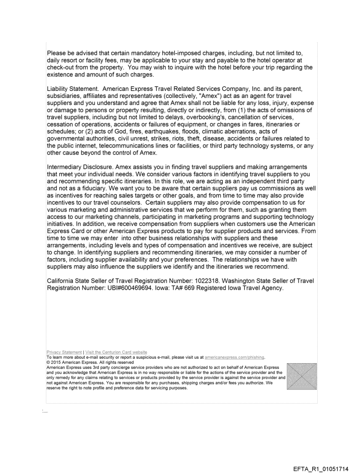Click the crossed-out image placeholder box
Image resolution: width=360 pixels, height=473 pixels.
[301, 376]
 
